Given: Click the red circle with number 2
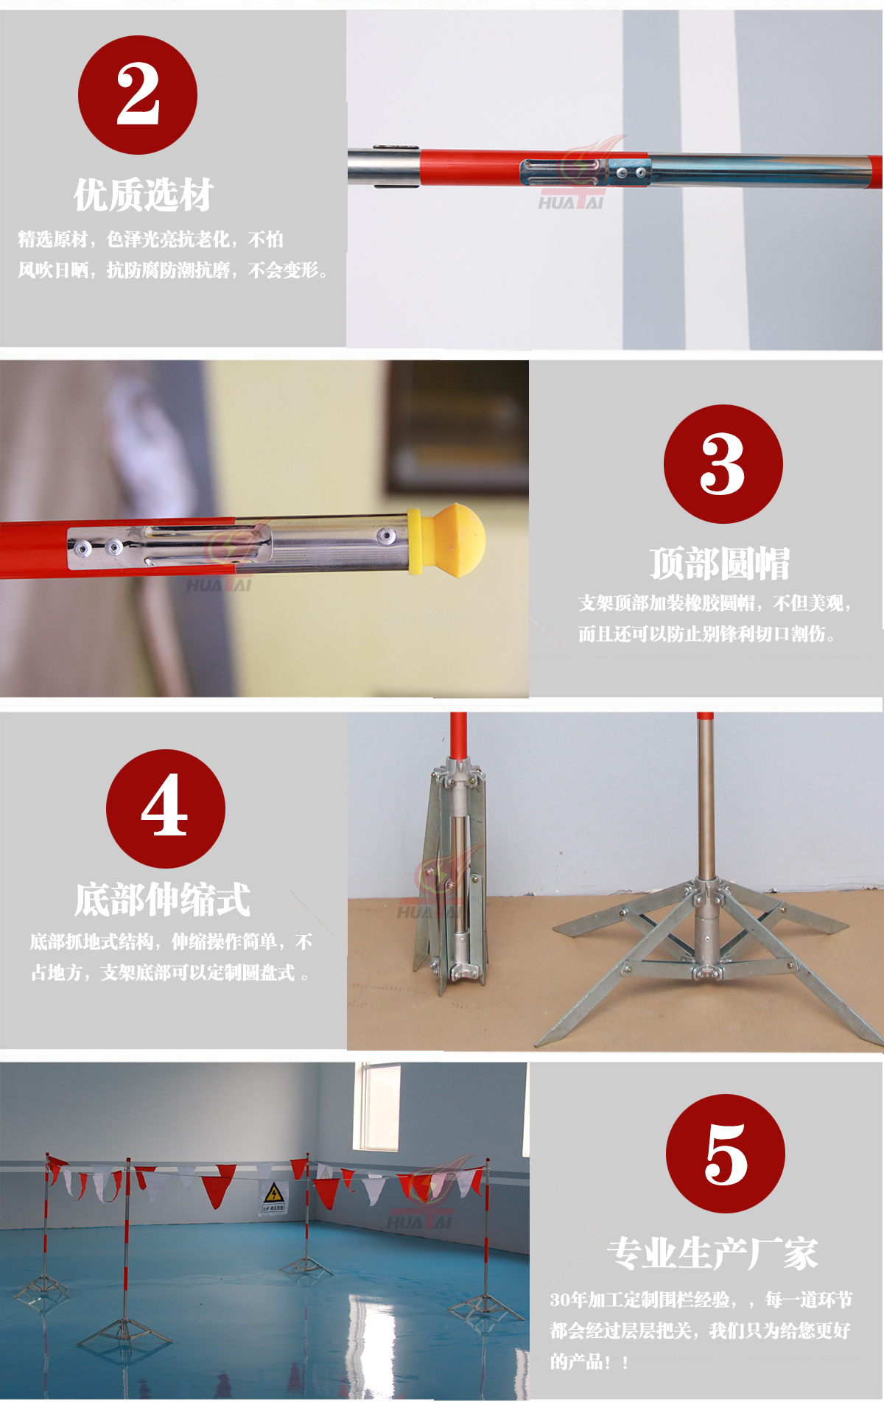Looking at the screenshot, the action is (138, 95).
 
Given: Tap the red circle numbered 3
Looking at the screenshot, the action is (723, 464).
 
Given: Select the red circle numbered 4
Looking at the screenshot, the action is (166, 808).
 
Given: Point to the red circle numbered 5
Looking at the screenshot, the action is (726, 1154).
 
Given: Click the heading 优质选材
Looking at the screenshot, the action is (144, 195).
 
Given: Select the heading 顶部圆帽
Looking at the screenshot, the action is (720, 564).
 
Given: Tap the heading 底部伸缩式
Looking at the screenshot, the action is (163, 900).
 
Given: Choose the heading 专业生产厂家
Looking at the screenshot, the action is (712, 1253).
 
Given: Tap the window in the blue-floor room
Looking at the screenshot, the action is (377, 1107).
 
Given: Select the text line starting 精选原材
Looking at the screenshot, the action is (151, 239).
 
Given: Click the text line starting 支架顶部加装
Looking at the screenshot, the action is (715, 603).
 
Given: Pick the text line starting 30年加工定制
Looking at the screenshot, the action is (701, 1300).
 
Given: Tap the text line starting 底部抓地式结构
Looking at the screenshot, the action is (171, 942).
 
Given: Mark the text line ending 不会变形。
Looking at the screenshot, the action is (173, 270).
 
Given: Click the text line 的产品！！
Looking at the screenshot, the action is (589, 1361).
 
